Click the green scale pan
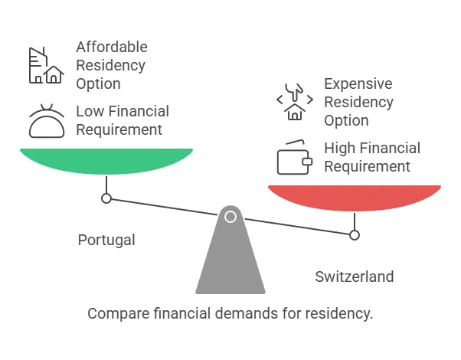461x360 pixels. pyautogui.click(x=106, y=159)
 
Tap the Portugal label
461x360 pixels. pyautogui.click(x=106, y=240)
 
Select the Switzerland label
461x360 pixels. pyautogui.click(x=354, y=277)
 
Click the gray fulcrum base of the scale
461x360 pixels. pyautogui.click(x=230, y=260)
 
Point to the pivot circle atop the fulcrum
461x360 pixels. pyautogui.click(x=230, y=217)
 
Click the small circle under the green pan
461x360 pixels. pyautogui.click(x=106, y=198)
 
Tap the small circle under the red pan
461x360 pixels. pyautogui.click(x=354, y=235)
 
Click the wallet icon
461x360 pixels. pyautogui.click(x=294, y=158)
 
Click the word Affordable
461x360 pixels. pyautogui.click(x=112, y=47)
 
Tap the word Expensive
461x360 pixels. pyautogui.click(x=358, y=83)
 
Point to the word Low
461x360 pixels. pyautogui.click(x=89, y=112)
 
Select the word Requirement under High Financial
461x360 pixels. pyautogui.click(x=367, y=166)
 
